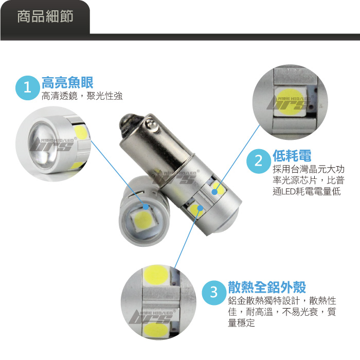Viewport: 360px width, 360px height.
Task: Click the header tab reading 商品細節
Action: (45, 16)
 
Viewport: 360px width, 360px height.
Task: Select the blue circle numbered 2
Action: (259, 161)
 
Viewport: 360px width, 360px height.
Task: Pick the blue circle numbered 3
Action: (214, 293)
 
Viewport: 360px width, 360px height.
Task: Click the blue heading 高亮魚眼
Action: (67, 82)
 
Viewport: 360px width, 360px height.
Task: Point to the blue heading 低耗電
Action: (292, 156)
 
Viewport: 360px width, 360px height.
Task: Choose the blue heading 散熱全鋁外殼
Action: (267, 287)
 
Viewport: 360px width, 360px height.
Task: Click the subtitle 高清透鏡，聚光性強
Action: (82, 96)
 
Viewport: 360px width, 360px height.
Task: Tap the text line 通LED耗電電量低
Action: (307, 191)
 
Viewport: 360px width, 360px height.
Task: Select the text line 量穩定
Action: (241, 322)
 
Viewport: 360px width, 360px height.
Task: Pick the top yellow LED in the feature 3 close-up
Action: (156, 274)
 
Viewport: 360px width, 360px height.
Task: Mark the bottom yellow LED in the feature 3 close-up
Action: (156, 330)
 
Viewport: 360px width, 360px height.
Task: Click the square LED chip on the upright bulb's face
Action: (141, 220)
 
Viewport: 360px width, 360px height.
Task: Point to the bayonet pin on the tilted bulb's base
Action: (152, 124)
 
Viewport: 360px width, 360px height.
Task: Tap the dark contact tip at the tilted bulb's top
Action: (128, 123)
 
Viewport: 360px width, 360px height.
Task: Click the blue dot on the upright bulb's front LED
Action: (146, 207)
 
